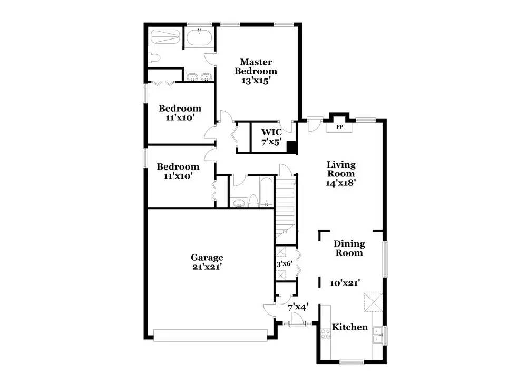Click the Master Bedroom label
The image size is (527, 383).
(x=256, y=66)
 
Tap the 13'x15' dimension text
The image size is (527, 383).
(x=256, y=81)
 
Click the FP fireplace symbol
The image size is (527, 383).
(x=339, y=127)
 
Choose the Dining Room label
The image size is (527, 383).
(x=349, y=248)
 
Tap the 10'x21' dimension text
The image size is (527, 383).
(x=346, y=283)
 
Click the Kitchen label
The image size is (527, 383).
(x=349, y=327)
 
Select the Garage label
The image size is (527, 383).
(x=207, y=258)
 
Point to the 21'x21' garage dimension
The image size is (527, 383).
(x=207, y=267)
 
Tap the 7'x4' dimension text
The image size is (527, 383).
(x=298, y=306)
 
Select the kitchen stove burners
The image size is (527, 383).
(x=325, y=333)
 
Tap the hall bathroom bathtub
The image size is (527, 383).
(x=266, y=192)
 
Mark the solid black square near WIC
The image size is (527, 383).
(x=290, y=147)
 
